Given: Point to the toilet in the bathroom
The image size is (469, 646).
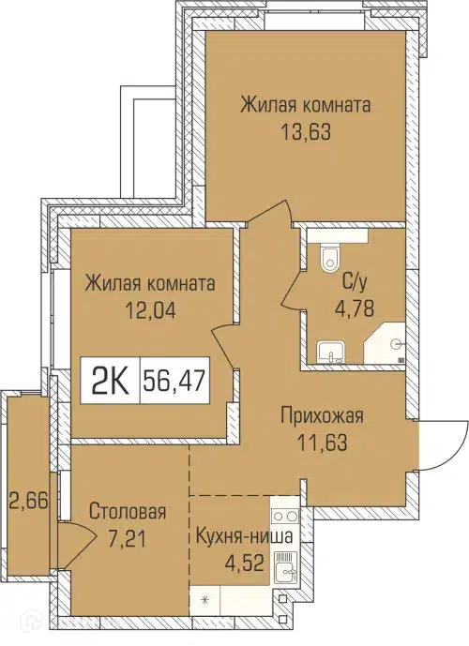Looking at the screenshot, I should coord(325,257).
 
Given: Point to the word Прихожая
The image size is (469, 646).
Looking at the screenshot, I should coord(322,417).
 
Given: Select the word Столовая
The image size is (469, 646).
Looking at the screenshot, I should coord(128,512).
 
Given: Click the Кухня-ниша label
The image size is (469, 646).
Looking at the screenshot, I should coord(244,537).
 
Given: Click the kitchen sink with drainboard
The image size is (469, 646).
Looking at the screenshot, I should coord(284,566).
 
